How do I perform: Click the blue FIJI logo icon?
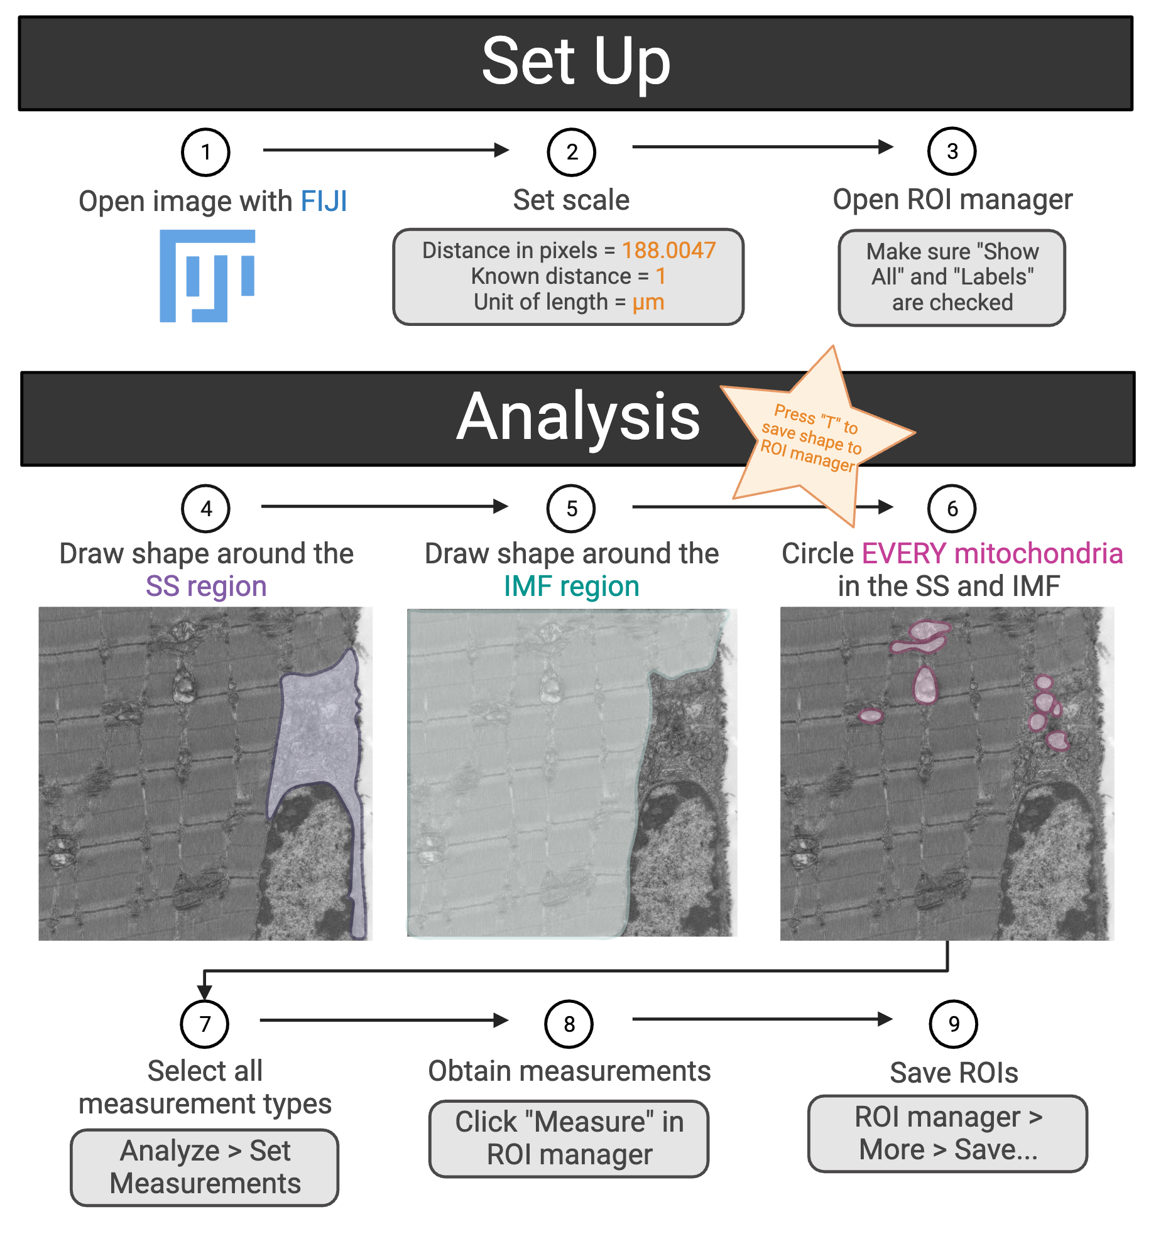[207, 276]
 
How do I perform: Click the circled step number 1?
[205, 152]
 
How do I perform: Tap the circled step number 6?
[952, 509]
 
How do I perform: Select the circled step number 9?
[953, 1024]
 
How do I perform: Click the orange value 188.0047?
[668, 251]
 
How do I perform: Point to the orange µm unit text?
[648, 302]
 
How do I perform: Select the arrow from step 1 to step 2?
[384, 150]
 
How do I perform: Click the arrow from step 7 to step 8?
[383, 1020]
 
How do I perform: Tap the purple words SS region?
[206, 586]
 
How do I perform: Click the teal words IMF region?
[571, 586]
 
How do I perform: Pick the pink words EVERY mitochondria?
[992, 554]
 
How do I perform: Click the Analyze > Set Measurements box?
[205, 1167]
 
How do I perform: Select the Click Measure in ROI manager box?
[569, 1139]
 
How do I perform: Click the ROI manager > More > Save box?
[947, 1134]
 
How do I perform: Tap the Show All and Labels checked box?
[952, 277]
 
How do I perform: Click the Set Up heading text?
[575, 62]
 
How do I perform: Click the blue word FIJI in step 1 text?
[324, 202]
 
